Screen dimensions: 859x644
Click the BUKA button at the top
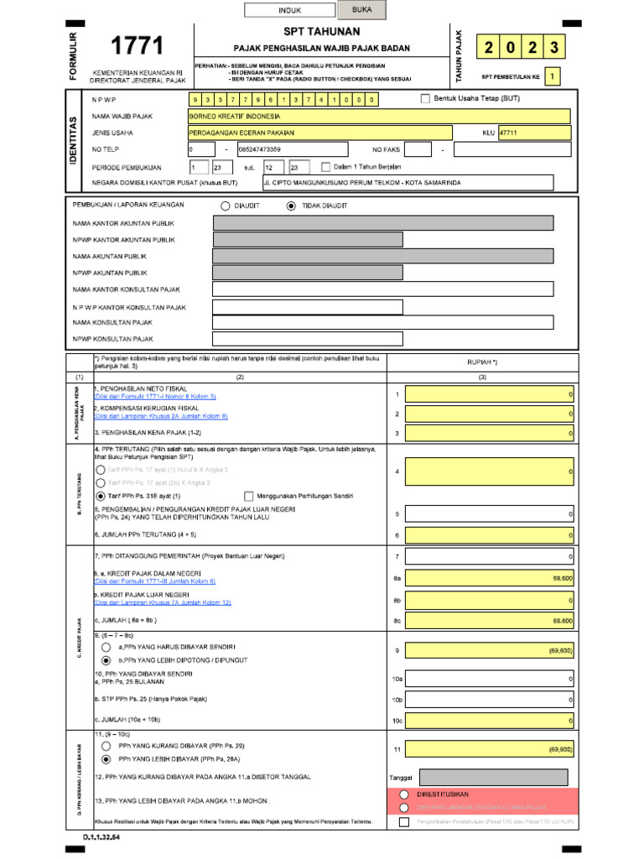[x=362, y=10]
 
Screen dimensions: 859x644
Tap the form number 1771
[x=138, y=46]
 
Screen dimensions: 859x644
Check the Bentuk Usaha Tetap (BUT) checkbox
[x=425, y=99]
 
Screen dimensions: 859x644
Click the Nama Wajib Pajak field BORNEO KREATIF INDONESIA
[x=379, y=117]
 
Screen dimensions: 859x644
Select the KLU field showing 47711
[x=533, y=133]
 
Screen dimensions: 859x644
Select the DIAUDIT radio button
[x=226, y=206]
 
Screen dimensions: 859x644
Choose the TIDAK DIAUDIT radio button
[x=291, y=206]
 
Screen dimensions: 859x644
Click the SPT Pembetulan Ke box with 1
[x=552, y=77]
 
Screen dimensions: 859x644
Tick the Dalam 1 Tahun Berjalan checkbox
[x=326, y=167]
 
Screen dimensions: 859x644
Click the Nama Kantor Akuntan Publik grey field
[x=383, y=223]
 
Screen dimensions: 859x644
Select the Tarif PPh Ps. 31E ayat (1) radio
[x=101, y=496]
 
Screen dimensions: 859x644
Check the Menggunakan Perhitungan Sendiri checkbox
[x=248, y=496]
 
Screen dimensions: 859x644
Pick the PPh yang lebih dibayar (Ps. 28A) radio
[x=106, y=758]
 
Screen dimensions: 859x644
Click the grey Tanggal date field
[x=493, y=778]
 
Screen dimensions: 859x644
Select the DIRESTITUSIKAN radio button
[x=404, y=794]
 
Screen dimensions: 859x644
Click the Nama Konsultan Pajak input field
[x=383, y=322]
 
